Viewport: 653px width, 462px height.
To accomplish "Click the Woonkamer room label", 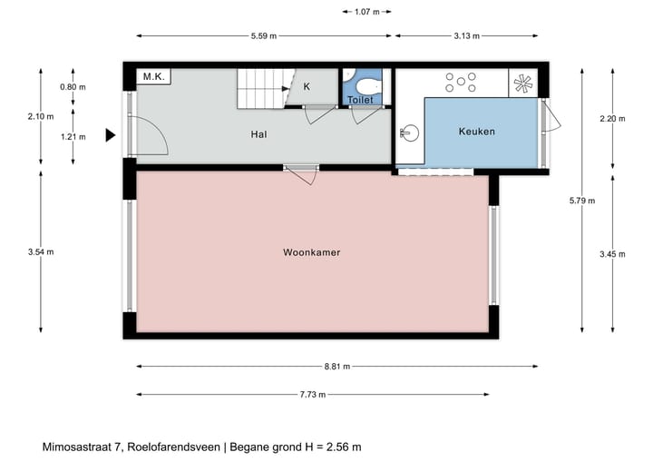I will (x=311, y=252).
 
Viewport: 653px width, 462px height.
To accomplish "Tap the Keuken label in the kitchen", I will (x=476, y=132).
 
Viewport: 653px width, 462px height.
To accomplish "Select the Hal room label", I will (x=259, y=134).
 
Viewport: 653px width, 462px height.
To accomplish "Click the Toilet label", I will (x=360, y=100).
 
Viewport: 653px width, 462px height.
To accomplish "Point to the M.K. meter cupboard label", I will (x=151, y=78).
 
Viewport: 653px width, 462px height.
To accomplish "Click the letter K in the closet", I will (x=307, y=87).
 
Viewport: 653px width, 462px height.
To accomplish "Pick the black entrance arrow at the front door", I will (x=110, y=135).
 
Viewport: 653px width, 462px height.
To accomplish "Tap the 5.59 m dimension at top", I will (x=263, y=36).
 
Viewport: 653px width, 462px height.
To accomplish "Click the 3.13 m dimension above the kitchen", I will (x=464, y=36).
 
